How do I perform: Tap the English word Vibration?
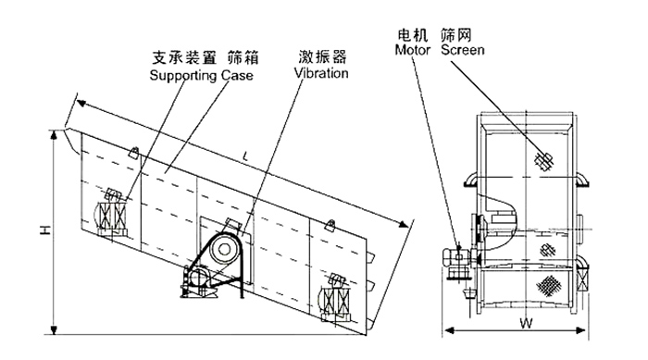322,71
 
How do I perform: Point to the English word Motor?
413,50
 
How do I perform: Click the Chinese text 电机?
411,35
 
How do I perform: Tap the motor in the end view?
455,259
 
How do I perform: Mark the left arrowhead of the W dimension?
447,329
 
